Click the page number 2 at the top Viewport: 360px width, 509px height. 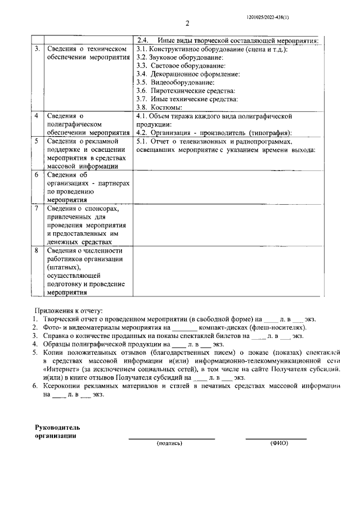(187, 24)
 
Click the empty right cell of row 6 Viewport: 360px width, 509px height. (226, 186)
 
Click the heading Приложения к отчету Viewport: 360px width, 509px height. (70, 310)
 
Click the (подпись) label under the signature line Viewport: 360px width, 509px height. (170, 443)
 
